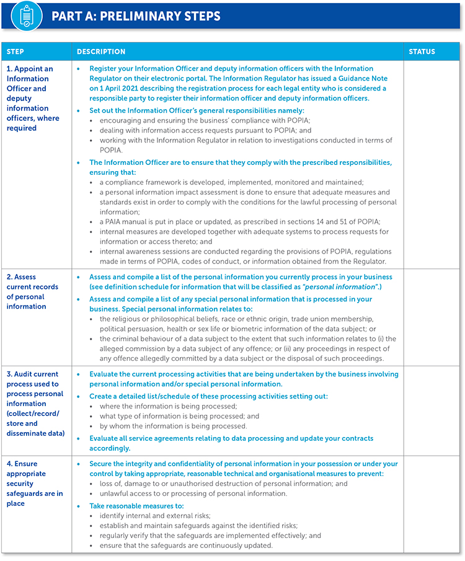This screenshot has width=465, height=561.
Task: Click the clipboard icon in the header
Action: [x=22, y=15]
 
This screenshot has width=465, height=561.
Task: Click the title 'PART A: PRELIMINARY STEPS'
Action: [x=135, y=16]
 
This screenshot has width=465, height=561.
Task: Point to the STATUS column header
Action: [x=422, y=52]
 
